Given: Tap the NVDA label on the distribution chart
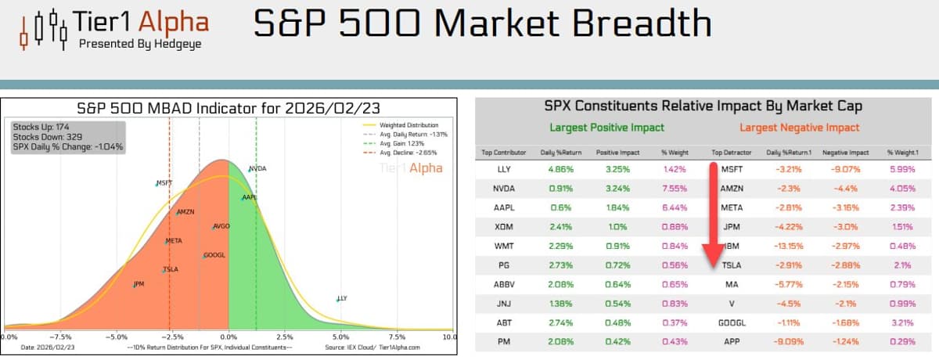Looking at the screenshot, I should tap(258, 169).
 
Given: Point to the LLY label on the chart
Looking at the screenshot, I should tap(342, 298).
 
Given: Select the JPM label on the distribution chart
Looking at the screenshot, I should tap(139, 283).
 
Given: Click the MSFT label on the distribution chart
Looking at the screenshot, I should tap(164, 183).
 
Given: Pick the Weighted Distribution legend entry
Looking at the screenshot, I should tap(408, 124).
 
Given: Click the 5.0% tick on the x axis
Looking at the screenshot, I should tap(340, 337).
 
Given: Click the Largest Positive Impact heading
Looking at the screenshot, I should tap(606, 127).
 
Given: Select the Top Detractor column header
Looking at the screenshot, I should tap(732, 152).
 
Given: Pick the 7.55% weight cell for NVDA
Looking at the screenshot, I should tap(674, 188).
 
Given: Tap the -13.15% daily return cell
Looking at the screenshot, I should tap(788, 246).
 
